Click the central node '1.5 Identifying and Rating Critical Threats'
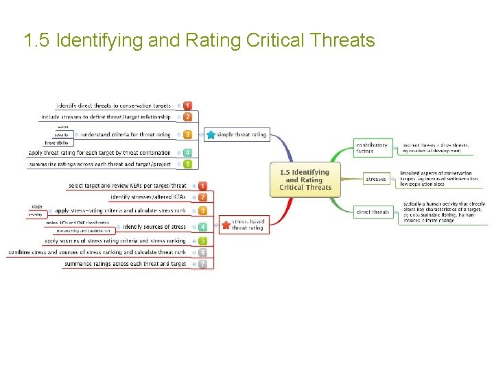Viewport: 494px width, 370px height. [305, 180]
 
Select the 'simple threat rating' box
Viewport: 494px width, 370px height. [242, 135]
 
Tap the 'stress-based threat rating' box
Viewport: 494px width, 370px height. [248, 224]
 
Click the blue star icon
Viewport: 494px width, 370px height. [210, 135]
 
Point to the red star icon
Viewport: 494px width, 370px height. [226, 224]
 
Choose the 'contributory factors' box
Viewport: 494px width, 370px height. [372, 147]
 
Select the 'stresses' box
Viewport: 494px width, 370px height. [375, 180]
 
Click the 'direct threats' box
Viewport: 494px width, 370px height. [373, 212]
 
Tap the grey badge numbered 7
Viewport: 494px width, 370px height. [202, 264]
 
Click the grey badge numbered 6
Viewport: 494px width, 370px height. [202, 252]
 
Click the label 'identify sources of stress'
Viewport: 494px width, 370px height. [154, 227]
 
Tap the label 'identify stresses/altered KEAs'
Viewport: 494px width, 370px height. [148, 197]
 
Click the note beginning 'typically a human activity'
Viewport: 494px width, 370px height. [443, 212]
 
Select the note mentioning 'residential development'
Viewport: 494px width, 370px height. [436, 148]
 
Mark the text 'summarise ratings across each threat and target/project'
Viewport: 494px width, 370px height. [99, 164]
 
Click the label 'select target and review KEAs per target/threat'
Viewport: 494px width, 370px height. [128, 186]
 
